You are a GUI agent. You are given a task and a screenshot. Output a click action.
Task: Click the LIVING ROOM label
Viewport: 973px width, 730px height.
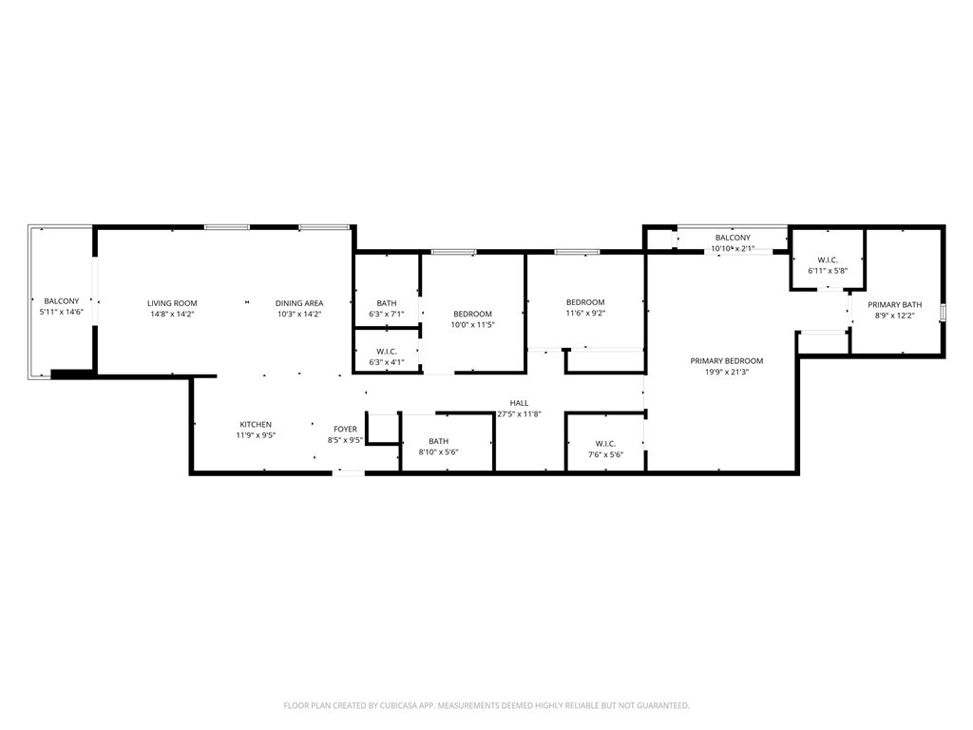(172, 303)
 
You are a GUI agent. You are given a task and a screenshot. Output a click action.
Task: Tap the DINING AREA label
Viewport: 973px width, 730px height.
(299, 303)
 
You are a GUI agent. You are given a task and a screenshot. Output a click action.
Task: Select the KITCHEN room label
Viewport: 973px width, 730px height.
(255, 424)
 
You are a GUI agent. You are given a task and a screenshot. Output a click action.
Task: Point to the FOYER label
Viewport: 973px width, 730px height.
(345, 430)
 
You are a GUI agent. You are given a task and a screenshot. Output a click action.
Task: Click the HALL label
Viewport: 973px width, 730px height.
(519, 403)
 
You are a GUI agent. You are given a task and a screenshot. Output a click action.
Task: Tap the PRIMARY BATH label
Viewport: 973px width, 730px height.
(894, 304)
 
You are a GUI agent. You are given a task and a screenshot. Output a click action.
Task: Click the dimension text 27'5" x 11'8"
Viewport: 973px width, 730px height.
(519, 414)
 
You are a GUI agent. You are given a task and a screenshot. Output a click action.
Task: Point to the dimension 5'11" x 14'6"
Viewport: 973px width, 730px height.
(62, 312)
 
